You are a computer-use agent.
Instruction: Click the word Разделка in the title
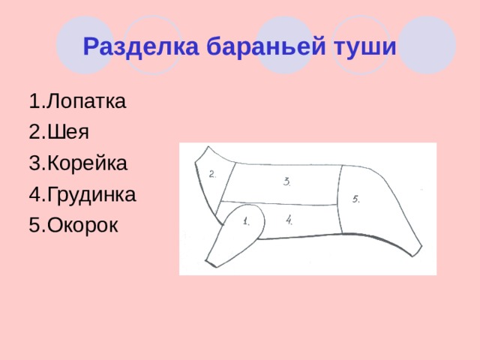141,46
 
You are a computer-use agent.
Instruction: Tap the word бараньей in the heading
266,46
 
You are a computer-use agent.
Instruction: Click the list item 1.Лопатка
77,100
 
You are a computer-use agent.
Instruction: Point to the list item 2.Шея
58,132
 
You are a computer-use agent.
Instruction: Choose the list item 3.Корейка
78,163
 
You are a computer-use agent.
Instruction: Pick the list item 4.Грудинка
82,194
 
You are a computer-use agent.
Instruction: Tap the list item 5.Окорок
73,225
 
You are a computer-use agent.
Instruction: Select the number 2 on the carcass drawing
213,175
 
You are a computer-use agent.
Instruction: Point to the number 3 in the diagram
286,181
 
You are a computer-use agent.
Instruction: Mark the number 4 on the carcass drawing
289,220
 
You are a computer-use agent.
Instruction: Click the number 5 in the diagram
355,199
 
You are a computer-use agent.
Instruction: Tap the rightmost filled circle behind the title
427,45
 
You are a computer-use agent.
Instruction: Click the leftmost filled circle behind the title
85,45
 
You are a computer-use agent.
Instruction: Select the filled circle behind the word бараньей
284,45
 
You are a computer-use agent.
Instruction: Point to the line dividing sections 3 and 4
278,203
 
